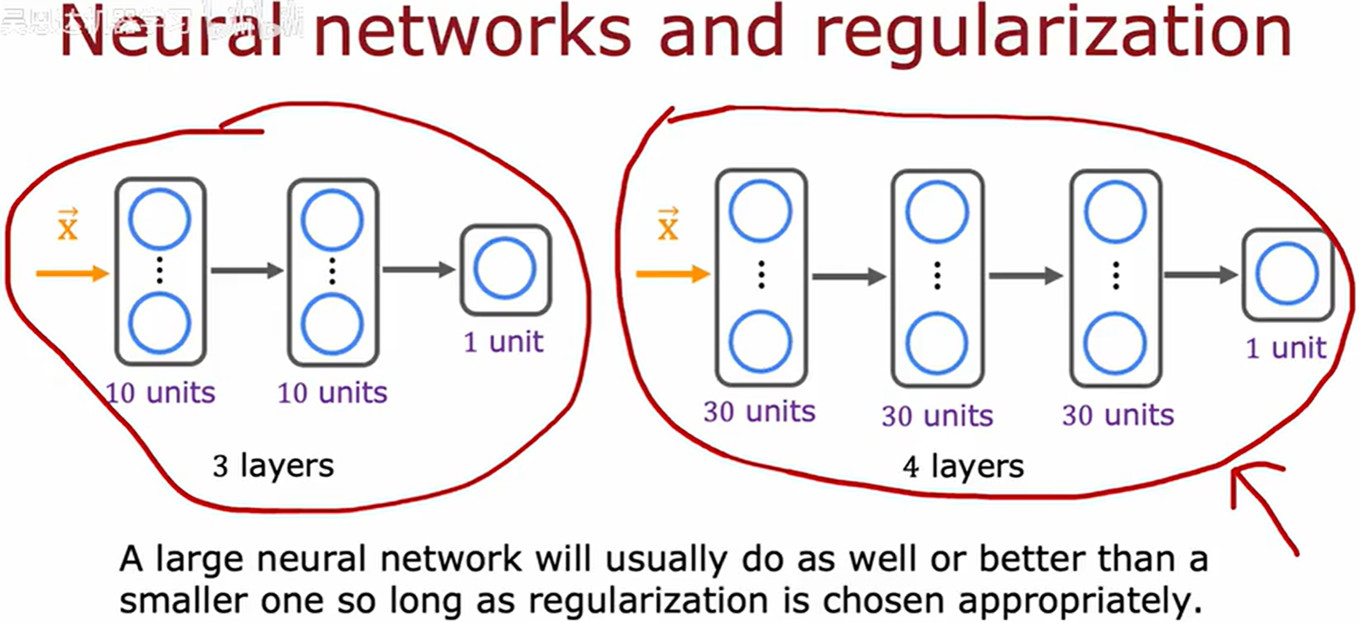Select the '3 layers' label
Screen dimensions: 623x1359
point(273,466)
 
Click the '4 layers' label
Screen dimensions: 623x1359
point(963,466)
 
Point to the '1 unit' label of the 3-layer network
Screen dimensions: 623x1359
point(503,342)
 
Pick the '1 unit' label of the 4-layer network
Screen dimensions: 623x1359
point(1286,349)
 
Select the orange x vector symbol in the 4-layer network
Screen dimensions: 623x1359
point(668,225)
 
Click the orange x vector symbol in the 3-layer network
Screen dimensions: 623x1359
point(68,225)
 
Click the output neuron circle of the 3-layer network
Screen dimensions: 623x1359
point(505,269)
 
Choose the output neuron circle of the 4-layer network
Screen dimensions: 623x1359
point(1287,273)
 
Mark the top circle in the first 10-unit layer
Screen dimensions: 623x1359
point(160,219)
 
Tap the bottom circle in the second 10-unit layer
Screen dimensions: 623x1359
point(332,324)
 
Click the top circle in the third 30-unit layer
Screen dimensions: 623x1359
point(1115,212)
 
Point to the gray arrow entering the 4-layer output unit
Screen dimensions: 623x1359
point(1201,275)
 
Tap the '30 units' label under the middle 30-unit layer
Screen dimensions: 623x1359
point(937,417)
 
